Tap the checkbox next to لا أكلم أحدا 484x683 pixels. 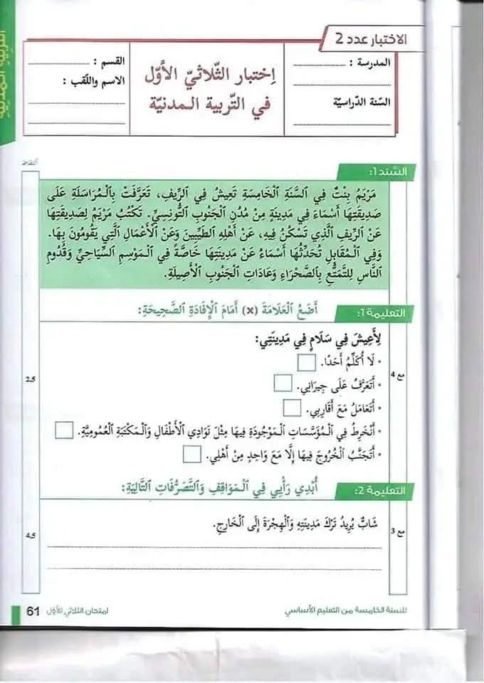click(307, 364)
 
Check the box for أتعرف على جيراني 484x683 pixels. click(283, 385)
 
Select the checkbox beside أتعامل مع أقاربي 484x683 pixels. click(293, 408)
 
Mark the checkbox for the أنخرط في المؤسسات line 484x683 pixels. click(63, 430)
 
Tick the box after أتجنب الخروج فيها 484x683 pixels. click(191, 453)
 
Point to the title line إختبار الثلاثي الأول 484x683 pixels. click(206, 75)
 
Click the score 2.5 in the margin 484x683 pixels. click(30, 378)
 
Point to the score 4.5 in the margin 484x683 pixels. click(30, 536)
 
